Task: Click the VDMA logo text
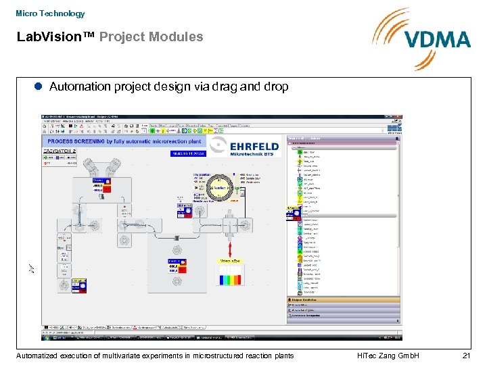click(x=438, y=39)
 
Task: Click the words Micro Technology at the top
click(x=50, y=14)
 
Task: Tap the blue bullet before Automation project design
click(x=39, y=87)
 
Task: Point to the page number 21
click(x=465, y=356)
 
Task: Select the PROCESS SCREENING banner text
click(x=124, y=141)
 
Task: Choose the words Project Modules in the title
click(x=151, y=37)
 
